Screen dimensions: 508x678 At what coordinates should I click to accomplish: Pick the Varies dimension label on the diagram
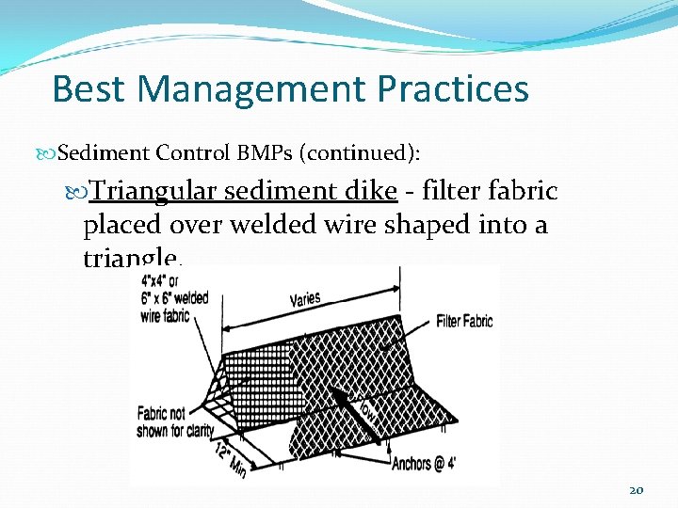point(304,299)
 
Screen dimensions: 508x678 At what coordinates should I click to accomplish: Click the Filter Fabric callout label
point(463,322)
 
